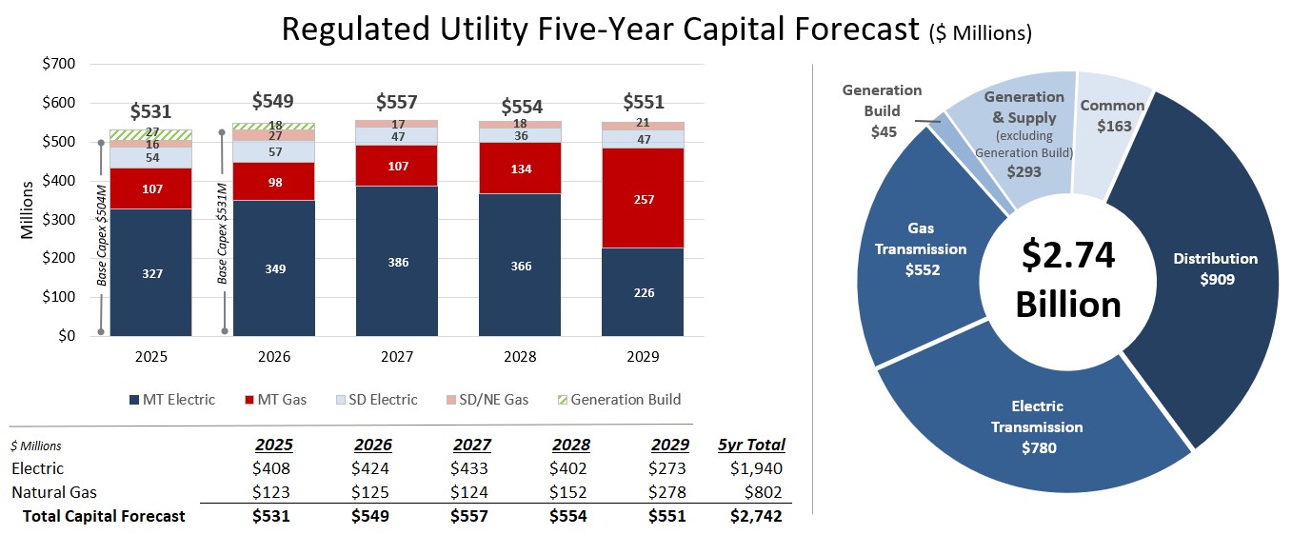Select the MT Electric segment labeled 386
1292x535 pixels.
(397, 261)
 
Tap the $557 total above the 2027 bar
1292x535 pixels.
(397, 102)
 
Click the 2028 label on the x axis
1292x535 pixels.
(520, 357)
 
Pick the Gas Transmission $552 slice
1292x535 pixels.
(924, 258)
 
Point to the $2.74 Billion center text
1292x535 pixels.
(1068, 280)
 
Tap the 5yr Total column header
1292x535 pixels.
(752, 445)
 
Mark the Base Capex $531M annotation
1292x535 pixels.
(222, 234)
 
